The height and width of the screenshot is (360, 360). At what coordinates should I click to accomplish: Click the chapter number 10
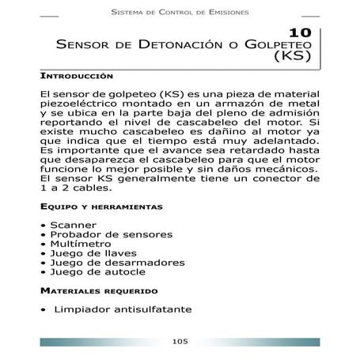coord(301,33)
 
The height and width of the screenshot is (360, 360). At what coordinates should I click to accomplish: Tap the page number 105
coord(180,341)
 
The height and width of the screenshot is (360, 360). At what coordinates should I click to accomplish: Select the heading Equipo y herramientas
coord(101,207)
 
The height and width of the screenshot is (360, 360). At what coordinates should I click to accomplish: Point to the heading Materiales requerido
coord(99,290)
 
